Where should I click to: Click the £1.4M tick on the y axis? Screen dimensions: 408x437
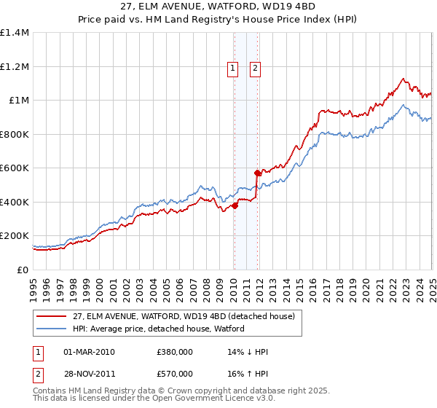tap(15, 33)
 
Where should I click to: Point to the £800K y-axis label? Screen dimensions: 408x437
tap(15, 134)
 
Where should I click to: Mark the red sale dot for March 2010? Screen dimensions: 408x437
tap(235, 205)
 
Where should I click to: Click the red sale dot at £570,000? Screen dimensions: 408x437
tap(257, 173)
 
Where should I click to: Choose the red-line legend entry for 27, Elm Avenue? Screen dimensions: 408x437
tap(184, 316)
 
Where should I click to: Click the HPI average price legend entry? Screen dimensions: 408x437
tap(159, 329)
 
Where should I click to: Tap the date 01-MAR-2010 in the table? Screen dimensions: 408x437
tap(90, 352)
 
